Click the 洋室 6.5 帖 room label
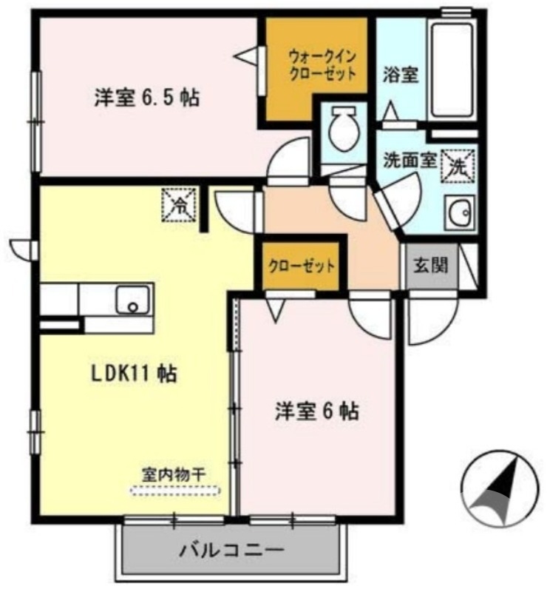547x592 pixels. pyautogui.click(x=146, y=98)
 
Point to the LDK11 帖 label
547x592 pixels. pyautogui.click(x=133, y=374)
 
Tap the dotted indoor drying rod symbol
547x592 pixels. pyautogui.click(x=175, y=490)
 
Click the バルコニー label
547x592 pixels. pyautogui.click(x=231, y=551)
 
